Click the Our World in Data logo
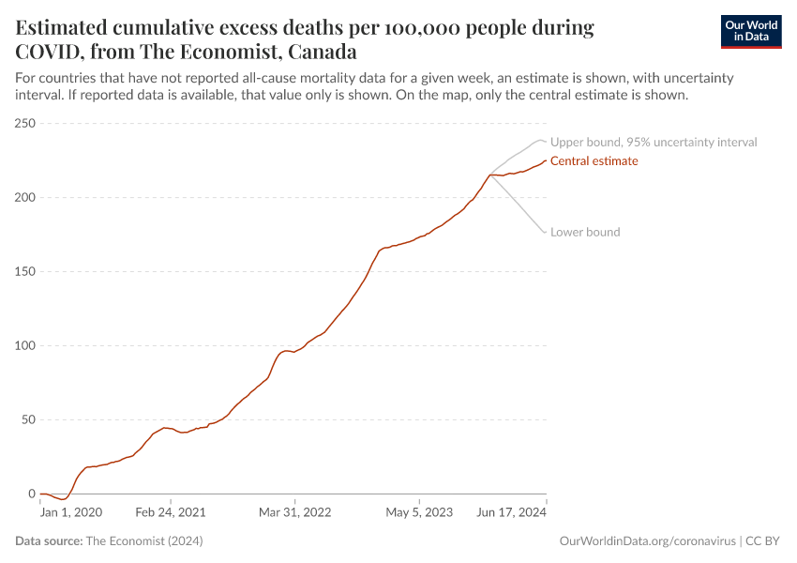tap(750, 31)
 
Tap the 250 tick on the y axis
tap(24, 124)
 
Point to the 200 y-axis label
tap(24, 198)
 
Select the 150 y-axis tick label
tap(24, 272)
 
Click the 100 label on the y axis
tap(24, 346)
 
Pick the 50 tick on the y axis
tap(28, 419)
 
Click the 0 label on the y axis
tap(31, 494)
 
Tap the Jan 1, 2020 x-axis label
tap(71, 513)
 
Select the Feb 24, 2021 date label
tap(171, 513)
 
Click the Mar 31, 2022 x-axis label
tap(295, 513)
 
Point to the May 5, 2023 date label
tap(419, 513)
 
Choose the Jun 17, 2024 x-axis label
tap(512, 513)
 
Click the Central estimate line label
tap(594, 161)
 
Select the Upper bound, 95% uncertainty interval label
tap(654, 143)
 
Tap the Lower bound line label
tap(585, 232)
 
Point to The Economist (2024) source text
tap(143, 541)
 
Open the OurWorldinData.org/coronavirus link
tap(646, 541)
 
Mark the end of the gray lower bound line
tap(545, 232)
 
